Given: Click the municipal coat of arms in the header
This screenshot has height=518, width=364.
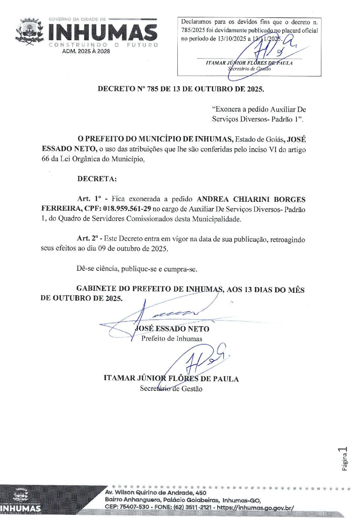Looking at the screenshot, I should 30,32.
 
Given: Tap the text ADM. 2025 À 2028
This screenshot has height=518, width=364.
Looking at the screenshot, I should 86,51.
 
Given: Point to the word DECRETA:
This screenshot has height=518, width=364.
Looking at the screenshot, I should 97,179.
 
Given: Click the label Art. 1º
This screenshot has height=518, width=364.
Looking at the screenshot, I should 89,199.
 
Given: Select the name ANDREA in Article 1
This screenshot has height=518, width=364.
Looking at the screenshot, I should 213,199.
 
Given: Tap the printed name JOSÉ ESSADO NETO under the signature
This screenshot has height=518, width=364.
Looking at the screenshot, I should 172,329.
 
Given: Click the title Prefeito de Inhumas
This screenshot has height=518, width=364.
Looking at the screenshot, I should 172,339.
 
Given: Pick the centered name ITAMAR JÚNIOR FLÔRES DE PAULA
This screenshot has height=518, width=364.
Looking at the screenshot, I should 171,379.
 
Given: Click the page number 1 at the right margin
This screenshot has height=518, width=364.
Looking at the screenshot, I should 344,450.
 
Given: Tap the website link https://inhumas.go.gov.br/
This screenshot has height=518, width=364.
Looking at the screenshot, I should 255,507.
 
